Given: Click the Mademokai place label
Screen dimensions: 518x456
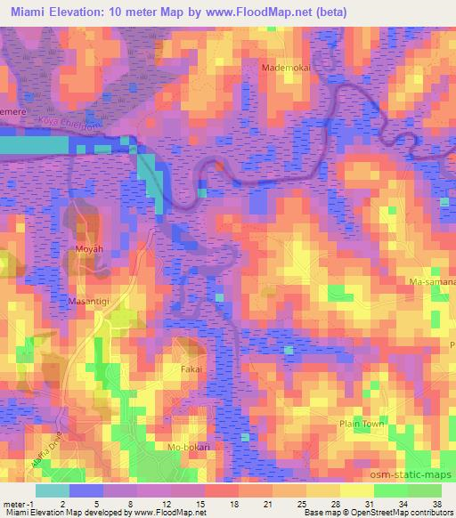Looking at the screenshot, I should [284, 67].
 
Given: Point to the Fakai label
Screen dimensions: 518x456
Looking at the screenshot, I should [191, 368].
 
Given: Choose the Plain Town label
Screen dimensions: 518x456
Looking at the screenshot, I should [361, 425].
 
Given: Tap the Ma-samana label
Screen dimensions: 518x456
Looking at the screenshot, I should [432, 281].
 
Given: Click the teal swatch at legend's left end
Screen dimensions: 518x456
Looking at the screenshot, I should [52, 490].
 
